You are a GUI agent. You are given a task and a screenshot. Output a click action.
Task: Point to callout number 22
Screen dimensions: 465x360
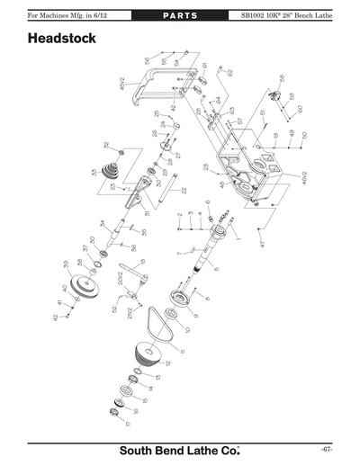point(184,190)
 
